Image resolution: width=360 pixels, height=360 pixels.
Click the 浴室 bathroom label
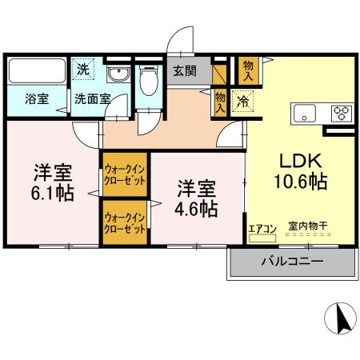pos(36,100)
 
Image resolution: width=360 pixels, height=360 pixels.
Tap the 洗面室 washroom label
pos(92,100)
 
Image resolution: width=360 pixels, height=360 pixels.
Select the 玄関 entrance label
pos(185,71)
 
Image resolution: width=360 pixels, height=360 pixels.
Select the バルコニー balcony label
pos(292,262)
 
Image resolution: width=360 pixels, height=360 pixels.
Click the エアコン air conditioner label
pos(262,230)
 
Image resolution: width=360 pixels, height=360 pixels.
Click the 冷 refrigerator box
pos(241,102)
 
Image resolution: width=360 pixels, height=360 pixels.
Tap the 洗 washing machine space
pos(83,70)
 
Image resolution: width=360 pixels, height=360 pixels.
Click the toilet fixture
pos(147,81)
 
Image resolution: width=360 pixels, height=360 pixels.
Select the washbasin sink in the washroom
pos(117,78)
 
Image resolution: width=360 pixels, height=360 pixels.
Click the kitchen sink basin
pos(305,113)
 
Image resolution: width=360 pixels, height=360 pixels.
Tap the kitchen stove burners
pos(342,113)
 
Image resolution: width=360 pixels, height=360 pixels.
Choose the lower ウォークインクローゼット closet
pos(124,222)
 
